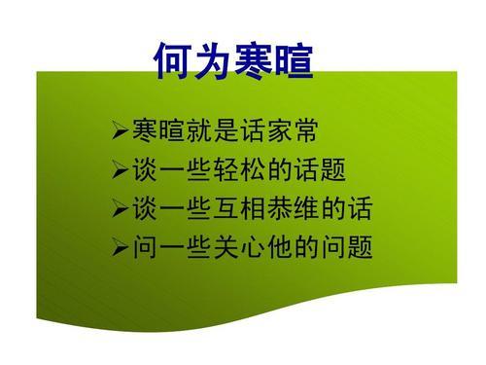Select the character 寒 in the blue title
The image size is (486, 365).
(255, 60)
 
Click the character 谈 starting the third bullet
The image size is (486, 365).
(141, 209)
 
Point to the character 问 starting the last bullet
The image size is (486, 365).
(141, 250)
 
